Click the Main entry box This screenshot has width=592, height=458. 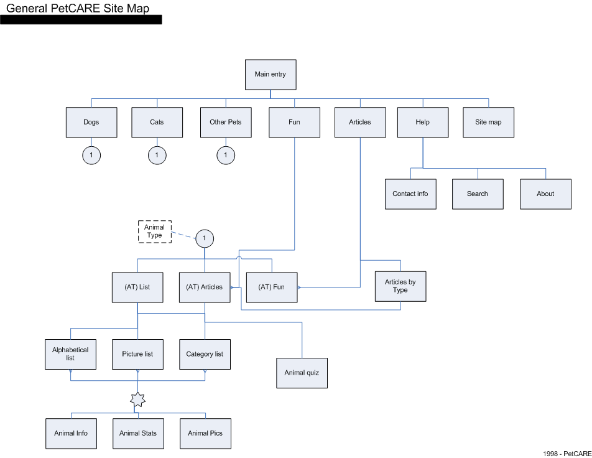click(271, 75)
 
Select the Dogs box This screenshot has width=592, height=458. click(91, 122)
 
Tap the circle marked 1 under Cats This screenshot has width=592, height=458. click(157, 155)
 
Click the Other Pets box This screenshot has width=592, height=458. click(226, 122)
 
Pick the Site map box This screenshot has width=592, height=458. click(489, 122)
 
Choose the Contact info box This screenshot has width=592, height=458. click(410, 194)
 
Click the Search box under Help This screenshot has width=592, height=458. click(478, 194)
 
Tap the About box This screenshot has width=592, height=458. click(545, 194)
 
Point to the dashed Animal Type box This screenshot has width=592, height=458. click(155, 231)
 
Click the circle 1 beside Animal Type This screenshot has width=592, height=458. click(205, 238)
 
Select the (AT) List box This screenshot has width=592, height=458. click(137, 287)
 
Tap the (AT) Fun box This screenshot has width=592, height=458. click(272, 287)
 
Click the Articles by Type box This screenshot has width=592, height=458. click(400, 286)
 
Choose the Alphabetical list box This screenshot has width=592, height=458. click(71, 354)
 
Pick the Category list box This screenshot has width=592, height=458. click(205, 354)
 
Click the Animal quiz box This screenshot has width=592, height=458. click(302, 373)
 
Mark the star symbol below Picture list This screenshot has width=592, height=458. click(138, 400)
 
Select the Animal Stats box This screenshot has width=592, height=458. click(138, 434)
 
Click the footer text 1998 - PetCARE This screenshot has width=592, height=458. click(567, 454)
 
